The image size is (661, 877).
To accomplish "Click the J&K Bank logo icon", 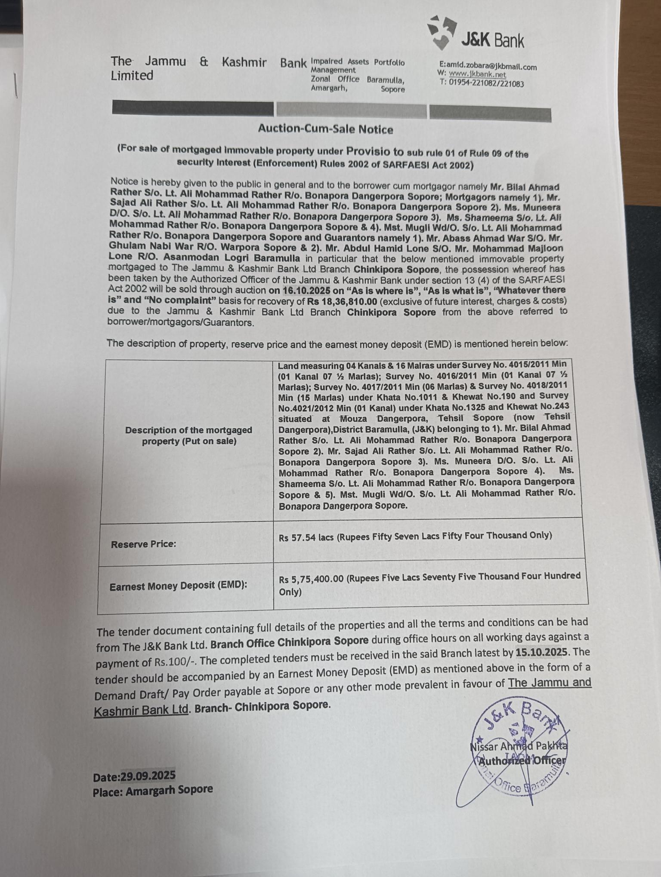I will pyautogui.click(x=442, y=33).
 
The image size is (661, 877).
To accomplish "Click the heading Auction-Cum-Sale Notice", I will pyautogui.click(x=325, y=129).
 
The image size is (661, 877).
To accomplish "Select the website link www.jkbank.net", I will pyautogui.click(x=477, y=74).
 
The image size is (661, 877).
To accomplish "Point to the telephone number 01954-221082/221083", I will pyautogui.click(x=486, y=83).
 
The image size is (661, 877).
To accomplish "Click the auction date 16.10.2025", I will pyautogui.click(x=306, y=291).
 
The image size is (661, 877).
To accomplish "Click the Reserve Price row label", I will pyautogui.click(x=143, y=544).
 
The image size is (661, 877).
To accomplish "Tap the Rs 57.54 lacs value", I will pyautogui.click(x=303, y=537).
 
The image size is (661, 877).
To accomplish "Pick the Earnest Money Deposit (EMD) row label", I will pyautogui.click(x=178, y=586).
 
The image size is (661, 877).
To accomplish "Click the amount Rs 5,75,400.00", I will pyautogui.click(x=311, y=579).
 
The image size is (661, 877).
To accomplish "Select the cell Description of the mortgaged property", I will pyautogui.click(x=188, y=435).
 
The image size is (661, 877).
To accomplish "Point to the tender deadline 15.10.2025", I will pyautogui.click(x=541, y=652).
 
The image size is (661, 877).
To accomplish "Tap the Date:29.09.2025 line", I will pyautogui.click(x=134, y=776).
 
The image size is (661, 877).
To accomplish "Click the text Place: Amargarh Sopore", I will pyautogui.click(x=153, y=791).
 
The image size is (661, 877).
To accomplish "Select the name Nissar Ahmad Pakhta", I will pyautogui.click(x=519, y=746).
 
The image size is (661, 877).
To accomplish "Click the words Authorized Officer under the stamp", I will pyautogui.click(x=522, y=760).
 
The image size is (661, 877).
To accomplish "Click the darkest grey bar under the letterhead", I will pyautogui.click(x=192, y=108).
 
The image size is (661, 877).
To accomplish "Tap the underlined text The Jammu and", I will pyautogui.click(x=550, y=683).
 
